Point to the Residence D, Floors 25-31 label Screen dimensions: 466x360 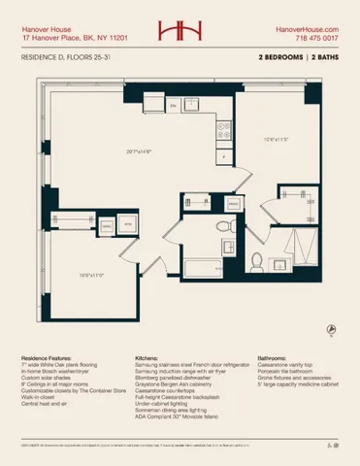pos(66,59)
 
